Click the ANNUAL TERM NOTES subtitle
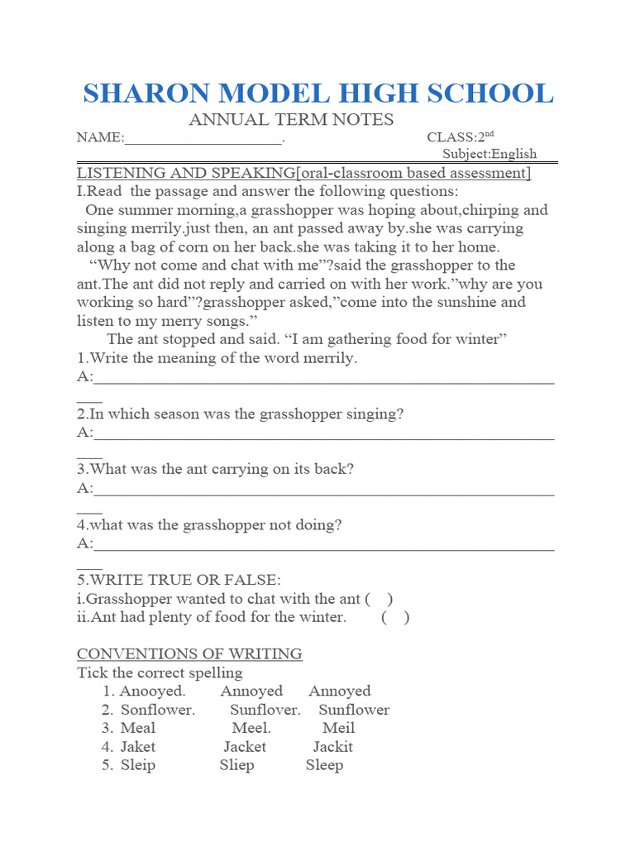tap(291, 119)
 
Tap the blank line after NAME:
tap(203, 139)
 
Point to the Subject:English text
tap(489, 153)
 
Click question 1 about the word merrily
tap(217, 358)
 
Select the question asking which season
tap(241, 414)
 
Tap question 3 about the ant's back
tap(216, 469)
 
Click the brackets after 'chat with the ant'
tap(379, 599)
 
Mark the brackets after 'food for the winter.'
tap(395, 617)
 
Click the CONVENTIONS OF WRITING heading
tap(189, 653)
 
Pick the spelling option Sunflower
tap(354, 710)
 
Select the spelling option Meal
tap(138, 728)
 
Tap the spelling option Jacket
tap(245, 746)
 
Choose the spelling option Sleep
tap(324, 765)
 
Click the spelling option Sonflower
tap(158, 710)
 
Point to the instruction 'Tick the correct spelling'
tap(160, 672)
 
